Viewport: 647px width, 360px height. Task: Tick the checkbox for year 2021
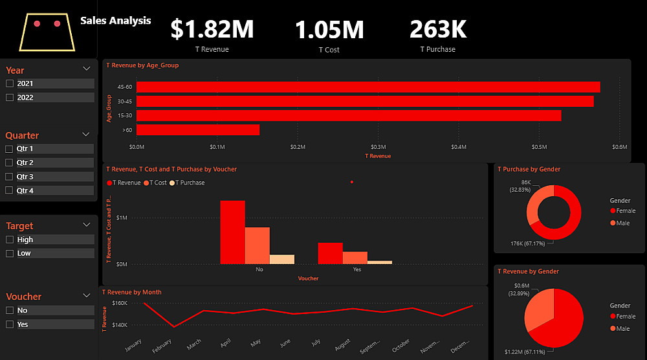(x=10, y=84)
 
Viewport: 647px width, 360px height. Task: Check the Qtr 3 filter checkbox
(x=10, y=177)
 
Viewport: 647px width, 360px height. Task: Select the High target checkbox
(x=10, y=240)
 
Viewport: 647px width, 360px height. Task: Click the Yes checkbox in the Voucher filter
(x=10, y=324)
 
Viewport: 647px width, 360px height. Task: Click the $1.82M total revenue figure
(x=212, y=29)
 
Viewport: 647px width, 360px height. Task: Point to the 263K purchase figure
(x=437, y=29)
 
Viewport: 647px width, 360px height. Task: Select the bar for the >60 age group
(x=197, y=130)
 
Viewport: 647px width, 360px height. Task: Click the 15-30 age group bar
(x=348, y=115)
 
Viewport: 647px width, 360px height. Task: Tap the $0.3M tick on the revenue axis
(x=378, y=148)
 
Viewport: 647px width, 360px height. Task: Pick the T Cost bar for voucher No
(x=257, y=245)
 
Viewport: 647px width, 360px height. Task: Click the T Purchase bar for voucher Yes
(x=380, y=262)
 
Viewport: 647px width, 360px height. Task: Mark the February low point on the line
(x=173, y=327)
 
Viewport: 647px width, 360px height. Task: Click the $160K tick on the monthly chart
(x=118, y=303)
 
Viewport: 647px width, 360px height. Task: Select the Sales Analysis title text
(x=116, y=21)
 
